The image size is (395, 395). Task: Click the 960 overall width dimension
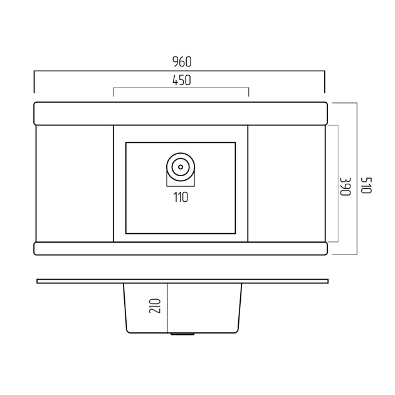tap(182, 61)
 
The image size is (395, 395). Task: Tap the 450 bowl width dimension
tap(182, 80)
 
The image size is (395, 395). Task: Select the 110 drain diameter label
tap(181, 197)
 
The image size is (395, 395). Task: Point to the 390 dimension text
tap(345, 186)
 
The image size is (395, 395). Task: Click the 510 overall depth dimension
tap(366, 186)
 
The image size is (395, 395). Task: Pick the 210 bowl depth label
tap(155, 306)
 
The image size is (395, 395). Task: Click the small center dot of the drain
tap(181, 167)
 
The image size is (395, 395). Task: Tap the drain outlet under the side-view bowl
tap(182, 334)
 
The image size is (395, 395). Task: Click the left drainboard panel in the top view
tap(75, 183)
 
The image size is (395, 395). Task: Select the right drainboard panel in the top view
tap(287, 183)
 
